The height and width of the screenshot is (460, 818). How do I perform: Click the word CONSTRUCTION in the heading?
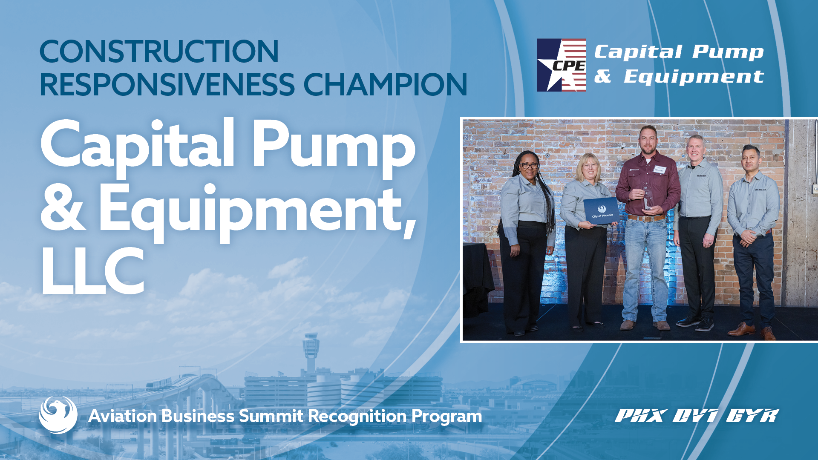pyautogui.click(x=159, y=52)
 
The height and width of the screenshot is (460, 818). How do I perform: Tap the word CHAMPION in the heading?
pyautogui.click(x=385, y=84)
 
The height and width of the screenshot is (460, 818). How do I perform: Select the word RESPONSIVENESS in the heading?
pyautogui.click(x=167, y=84)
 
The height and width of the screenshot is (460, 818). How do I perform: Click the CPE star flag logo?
pyautogui.click(x=561, y=65)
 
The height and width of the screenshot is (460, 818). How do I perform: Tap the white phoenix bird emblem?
pyautogui.click(x=58, y=415)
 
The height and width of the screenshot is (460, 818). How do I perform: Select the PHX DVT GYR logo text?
pyautogui.click(x=697, y=416)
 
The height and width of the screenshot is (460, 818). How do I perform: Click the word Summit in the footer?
pyautogui.click(x=271, y=416)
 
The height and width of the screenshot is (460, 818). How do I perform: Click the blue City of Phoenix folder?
pyautogui.click(x=601, y=212)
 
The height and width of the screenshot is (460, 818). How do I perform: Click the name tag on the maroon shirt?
pyautogui.click(x=660, y=170)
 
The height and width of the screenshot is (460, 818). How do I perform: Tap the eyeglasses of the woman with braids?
pyautogui.click(x=528, y=165)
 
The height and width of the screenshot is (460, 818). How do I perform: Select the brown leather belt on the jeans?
pyautogui.click(x=646, y=218)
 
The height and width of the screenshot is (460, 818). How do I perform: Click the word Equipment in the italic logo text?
pyautogui.click(x=694, y=78)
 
